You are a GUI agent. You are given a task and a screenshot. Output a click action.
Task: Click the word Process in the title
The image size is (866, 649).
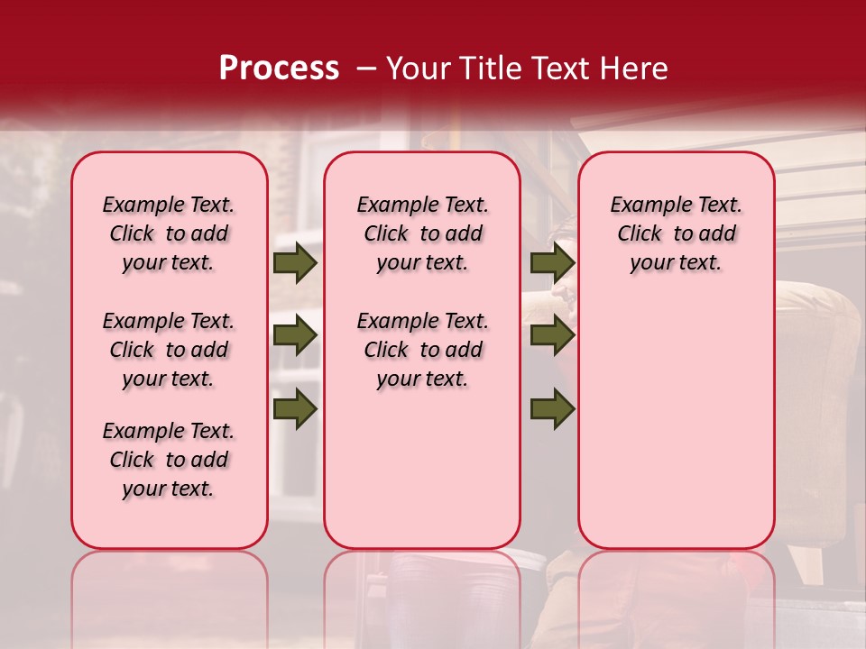pos(279,68)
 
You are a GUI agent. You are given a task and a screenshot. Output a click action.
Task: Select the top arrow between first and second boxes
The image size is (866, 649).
pos(294,263)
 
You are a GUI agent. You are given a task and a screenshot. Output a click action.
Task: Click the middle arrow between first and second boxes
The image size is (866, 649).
pos(294,336)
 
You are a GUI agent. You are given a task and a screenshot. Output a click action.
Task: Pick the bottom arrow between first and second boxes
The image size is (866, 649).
pos(294,409)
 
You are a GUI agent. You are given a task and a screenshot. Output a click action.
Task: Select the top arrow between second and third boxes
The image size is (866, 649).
pos(552,263)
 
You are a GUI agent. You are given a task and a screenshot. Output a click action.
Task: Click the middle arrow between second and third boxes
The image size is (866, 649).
pos(552,336)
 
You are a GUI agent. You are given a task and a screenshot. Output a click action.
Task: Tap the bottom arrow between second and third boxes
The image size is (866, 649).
pos(552,409)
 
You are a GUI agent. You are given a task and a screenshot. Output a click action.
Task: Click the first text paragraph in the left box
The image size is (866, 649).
pos(169,234)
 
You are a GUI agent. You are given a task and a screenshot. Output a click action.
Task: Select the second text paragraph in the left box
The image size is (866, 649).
pos(169,350)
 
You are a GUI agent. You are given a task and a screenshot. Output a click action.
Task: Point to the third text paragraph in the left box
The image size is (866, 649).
pos(169,460)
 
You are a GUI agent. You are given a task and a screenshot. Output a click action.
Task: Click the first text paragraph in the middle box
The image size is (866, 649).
pos(422,234)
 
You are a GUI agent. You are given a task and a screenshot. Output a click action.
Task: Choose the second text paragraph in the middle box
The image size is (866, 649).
pos(422,350)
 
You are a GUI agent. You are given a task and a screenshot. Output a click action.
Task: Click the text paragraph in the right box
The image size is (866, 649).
pos(676,234)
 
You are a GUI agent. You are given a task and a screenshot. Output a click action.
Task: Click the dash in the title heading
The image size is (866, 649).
pos(366,69)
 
